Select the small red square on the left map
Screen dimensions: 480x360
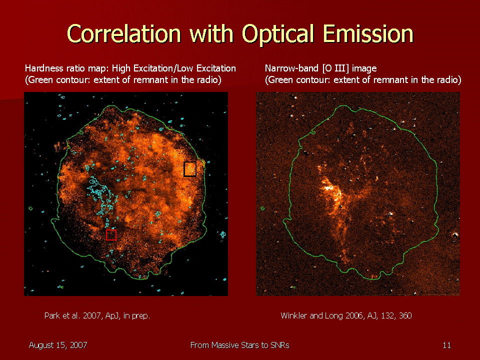111,235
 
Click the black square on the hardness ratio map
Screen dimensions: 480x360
190,169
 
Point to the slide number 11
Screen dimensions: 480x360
446,345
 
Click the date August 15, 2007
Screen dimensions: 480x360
58,345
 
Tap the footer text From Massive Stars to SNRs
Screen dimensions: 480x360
239,345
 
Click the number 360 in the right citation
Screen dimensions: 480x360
405,315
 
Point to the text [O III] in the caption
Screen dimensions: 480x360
336,68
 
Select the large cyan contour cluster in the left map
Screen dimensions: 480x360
101,196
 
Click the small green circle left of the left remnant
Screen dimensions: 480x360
30,208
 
